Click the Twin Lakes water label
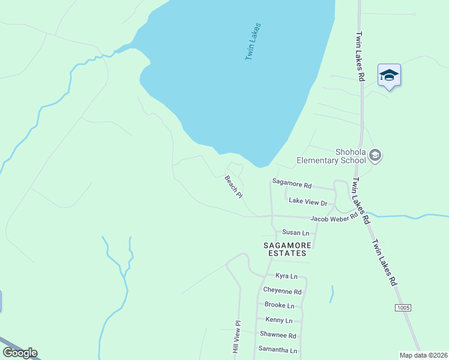pyautogui.click(x=253, y=42)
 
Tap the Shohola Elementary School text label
pyautogui.click(x=331, y=156)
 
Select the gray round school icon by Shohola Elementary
pyautogui.click(x=376, y=156)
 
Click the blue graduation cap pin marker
pyautogui.click(x=389, y=76)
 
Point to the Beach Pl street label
pyautogui.click(x=234, y=187)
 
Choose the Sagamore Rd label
pyautogui.click(x=292, y=185)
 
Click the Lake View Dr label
pyautogui.click(x=308, y=202)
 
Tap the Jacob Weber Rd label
pyautogui.click(x=334, y=217)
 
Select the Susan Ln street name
pyautogui.click(x=295, y=232)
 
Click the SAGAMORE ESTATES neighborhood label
pyautogui.click(x=286, y=249)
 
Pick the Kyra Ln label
pyautogui.click(x=286, y=276)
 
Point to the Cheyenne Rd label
pyautogui.click(x=282, y=291)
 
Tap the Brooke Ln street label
pyautogui.click(x=279, y=305)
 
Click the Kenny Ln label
pyautogui.click(x=279, y=320)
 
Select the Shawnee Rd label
pyautogui.click(x=278, y=335)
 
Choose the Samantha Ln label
pyautogui.click(x=277, y=349)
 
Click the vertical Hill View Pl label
pyautogui.click(x=237, y=340)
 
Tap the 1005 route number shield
pyautogui.click(x=403, y=308)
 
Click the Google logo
pyautogui.click(x=20, y=353)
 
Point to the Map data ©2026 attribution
pyautogui.click(x=423, y=355)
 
